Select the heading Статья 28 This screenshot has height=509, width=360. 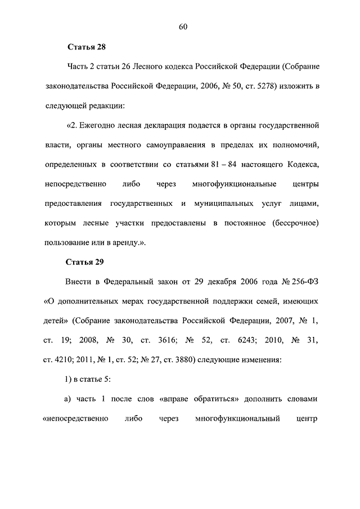tap(86, 47)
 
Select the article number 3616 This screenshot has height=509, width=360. tap(175, 340)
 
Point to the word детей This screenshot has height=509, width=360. tap(56, 320)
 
